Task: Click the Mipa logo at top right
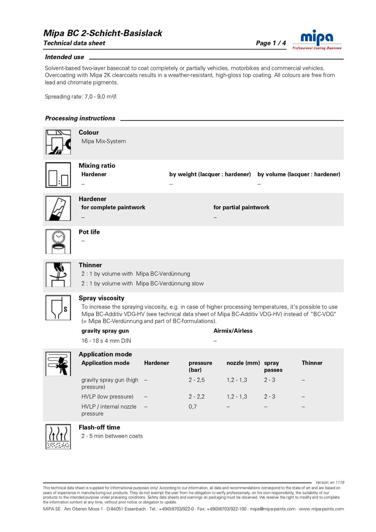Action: coord(317,40)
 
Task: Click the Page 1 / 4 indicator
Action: coord(271,43)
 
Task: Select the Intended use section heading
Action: coord(64,57)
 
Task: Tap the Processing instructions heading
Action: coord(80,118)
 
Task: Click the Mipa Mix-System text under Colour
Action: coord(104,141)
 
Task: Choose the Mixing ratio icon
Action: coord(57,176)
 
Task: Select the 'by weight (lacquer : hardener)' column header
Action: coord(210,174)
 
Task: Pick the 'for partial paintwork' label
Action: coord(241,207)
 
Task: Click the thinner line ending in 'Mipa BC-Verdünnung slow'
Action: coord(142,283)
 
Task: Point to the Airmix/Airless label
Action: coord(233,331)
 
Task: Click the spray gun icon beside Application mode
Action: coord(57,364)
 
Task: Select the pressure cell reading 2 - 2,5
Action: coord(196,380)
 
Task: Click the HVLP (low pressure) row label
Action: coord(107,397)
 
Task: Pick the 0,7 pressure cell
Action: coord(192,406)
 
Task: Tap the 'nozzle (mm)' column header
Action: coord(243,363)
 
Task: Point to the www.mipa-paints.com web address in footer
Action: coord(321,508)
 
